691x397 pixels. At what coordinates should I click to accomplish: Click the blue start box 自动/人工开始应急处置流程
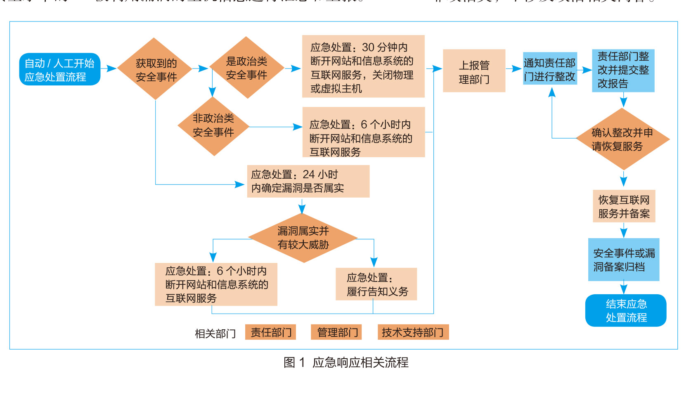60,69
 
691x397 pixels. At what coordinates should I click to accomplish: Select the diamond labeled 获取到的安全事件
155,69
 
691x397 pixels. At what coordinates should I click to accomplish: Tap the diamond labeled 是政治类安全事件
246,68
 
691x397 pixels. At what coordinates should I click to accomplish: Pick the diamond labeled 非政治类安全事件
213,126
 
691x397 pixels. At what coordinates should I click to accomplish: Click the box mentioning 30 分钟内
363,66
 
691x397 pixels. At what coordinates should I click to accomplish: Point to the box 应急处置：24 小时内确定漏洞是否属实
308,182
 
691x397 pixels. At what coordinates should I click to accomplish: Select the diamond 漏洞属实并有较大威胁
303,238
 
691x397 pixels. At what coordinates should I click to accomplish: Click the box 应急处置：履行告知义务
376,284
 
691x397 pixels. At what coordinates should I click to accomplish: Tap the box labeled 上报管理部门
474,71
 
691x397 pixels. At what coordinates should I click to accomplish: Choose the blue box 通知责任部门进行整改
550,69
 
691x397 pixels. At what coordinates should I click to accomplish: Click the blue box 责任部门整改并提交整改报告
623,70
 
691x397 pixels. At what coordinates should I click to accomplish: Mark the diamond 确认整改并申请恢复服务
622,139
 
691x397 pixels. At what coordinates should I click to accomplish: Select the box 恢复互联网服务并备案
624,206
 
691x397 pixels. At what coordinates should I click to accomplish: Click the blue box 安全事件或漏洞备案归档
623,260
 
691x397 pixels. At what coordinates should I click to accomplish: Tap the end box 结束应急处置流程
626,311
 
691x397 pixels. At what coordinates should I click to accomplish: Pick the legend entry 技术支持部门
413,332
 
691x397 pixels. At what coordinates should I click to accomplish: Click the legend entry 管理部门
336,332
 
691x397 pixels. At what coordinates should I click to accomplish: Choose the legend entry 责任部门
271,332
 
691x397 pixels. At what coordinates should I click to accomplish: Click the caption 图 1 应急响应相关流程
346,363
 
